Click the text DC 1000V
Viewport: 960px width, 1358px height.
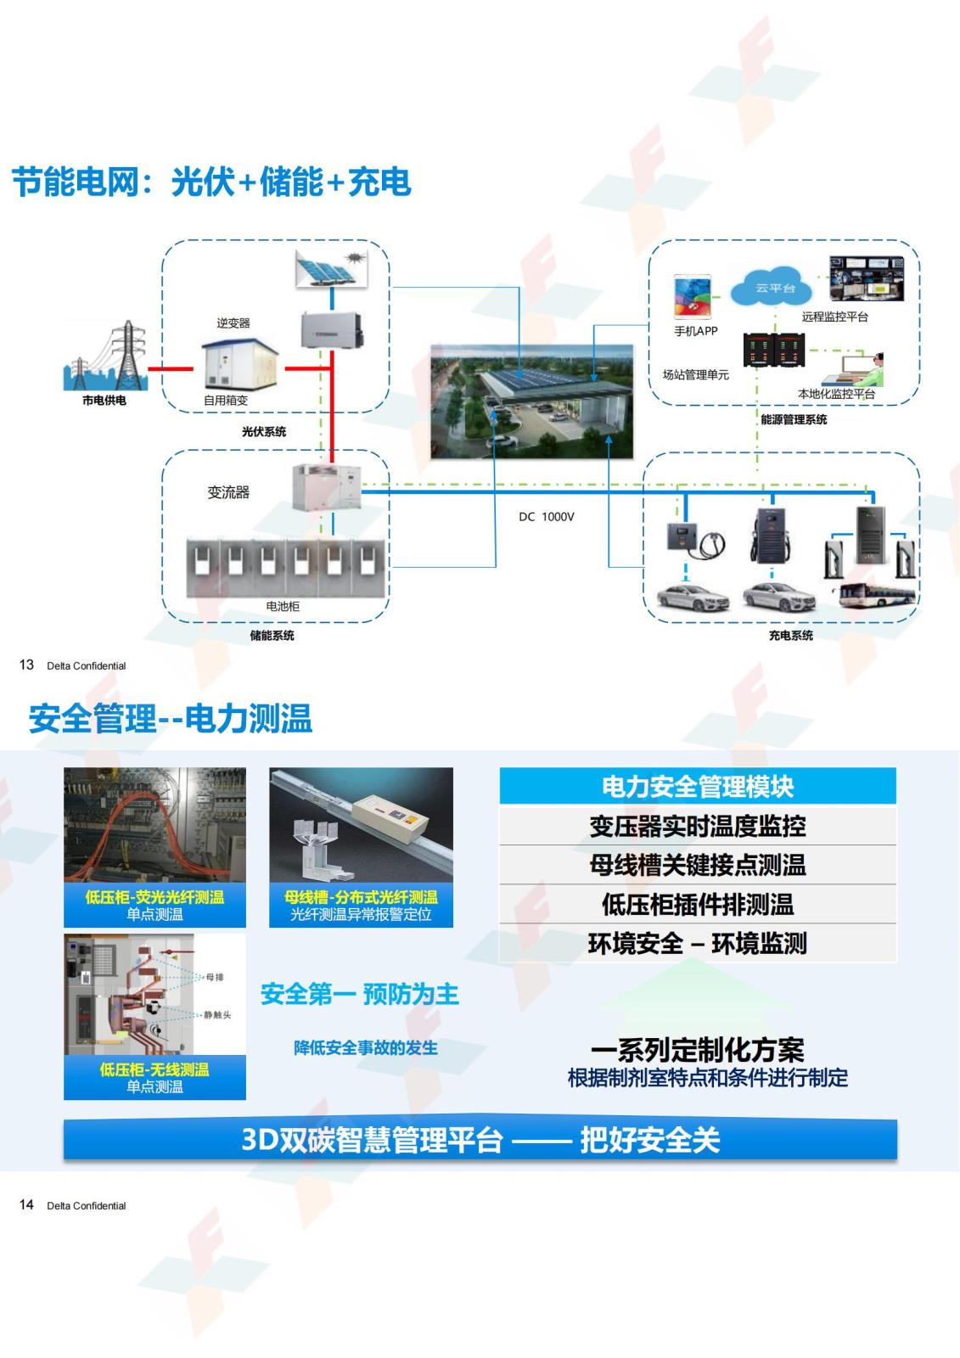click(547, 517)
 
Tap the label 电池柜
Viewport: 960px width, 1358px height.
click(283, 606)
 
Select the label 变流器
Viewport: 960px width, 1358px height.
click(228, 492)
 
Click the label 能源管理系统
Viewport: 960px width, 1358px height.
click(793, 419)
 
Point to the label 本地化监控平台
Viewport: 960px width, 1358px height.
click(836, 394)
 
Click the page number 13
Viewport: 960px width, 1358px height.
click(26, 665)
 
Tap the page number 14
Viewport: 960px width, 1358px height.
click(26, 1204)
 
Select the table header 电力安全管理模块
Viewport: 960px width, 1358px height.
click(697, 787)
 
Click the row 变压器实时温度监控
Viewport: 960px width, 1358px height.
click(697, 826)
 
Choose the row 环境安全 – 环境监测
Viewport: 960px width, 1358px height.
click(697, 943)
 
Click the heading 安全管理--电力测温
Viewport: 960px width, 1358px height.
click(171, 719)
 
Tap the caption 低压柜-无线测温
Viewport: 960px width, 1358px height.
click(154, 1069)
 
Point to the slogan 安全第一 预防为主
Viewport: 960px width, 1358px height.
click(359, 994)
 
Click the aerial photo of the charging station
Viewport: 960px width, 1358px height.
click(532, 401)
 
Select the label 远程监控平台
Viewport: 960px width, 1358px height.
click(834, 317)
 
